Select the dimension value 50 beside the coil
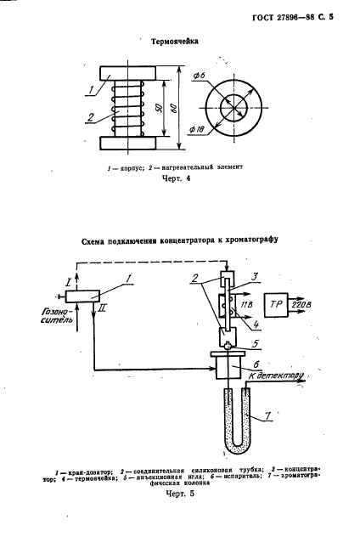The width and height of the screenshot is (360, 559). (x=158, y=110)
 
